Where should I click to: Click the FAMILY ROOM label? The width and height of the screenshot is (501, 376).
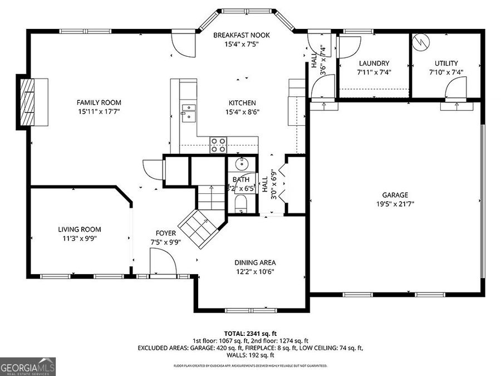click(99, 102)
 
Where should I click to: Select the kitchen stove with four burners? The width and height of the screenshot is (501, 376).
click(218, 145)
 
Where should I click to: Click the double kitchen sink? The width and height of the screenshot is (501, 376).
click(188, 112)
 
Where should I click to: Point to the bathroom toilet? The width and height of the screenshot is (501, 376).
click(241, 204)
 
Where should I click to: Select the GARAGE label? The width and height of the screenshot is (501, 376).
click(395, 195)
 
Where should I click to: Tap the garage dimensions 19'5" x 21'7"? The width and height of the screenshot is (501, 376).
click(395, 203)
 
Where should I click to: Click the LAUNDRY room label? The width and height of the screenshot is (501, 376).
click(374, 64)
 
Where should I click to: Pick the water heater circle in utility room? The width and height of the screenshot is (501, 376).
click(421, 42)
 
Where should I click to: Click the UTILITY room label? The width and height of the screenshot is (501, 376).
click(446, 64)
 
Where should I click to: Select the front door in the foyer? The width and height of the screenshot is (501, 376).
click(163, 262)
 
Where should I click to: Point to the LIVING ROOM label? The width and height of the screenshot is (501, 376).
click(80, 229)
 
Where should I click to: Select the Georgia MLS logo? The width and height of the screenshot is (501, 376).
click(28, 366)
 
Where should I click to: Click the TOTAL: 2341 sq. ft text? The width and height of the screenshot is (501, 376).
click(250, 333)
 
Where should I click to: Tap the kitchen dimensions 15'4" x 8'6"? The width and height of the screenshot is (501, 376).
click(242, 111)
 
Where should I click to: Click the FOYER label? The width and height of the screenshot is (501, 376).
click(166, 233)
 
